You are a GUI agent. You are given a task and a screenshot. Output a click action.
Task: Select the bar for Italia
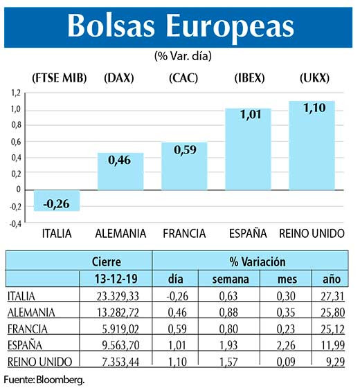[57, 200]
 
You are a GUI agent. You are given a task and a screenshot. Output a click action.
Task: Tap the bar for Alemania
[120, 171]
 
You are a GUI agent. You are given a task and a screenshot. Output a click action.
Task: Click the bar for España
[247, 149]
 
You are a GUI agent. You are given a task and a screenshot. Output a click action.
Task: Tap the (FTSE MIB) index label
[59, 77]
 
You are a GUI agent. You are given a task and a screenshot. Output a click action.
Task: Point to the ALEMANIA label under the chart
[120, 234]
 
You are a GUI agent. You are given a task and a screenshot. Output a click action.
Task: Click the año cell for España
[329, 344]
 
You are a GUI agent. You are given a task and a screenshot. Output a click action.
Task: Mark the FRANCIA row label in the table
[27, 328]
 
